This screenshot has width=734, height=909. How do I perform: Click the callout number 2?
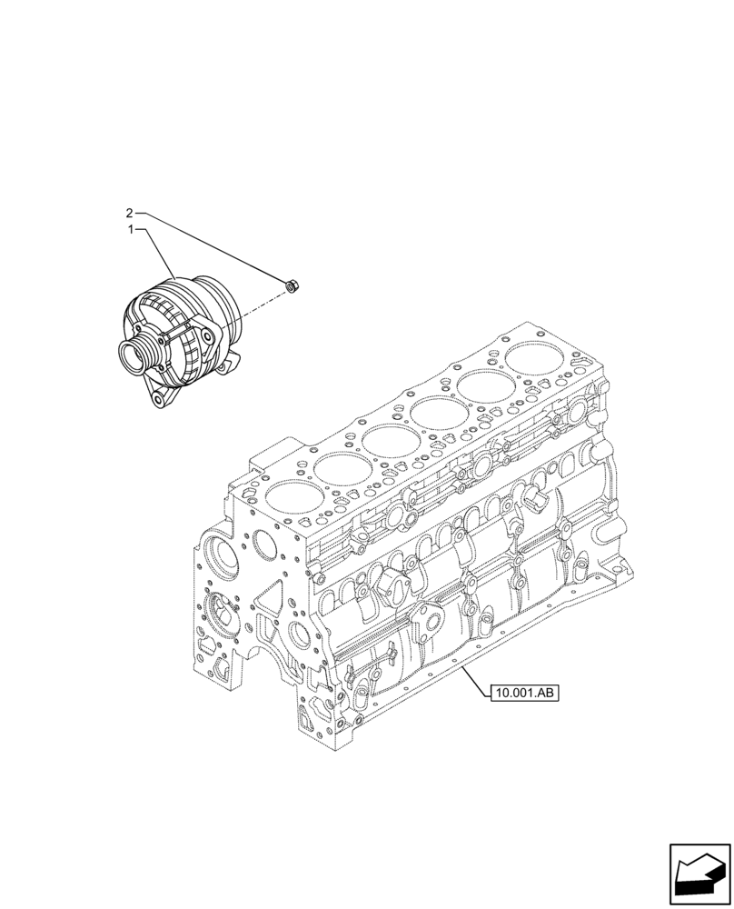coord(129,214)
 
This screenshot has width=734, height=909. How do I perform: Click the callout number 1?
coord(131,231)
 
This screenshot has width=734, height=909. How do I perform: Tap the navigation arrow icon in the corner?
coord(699,875)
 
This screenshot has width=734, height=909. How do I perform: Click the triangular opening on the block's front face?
coord(269,600)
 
